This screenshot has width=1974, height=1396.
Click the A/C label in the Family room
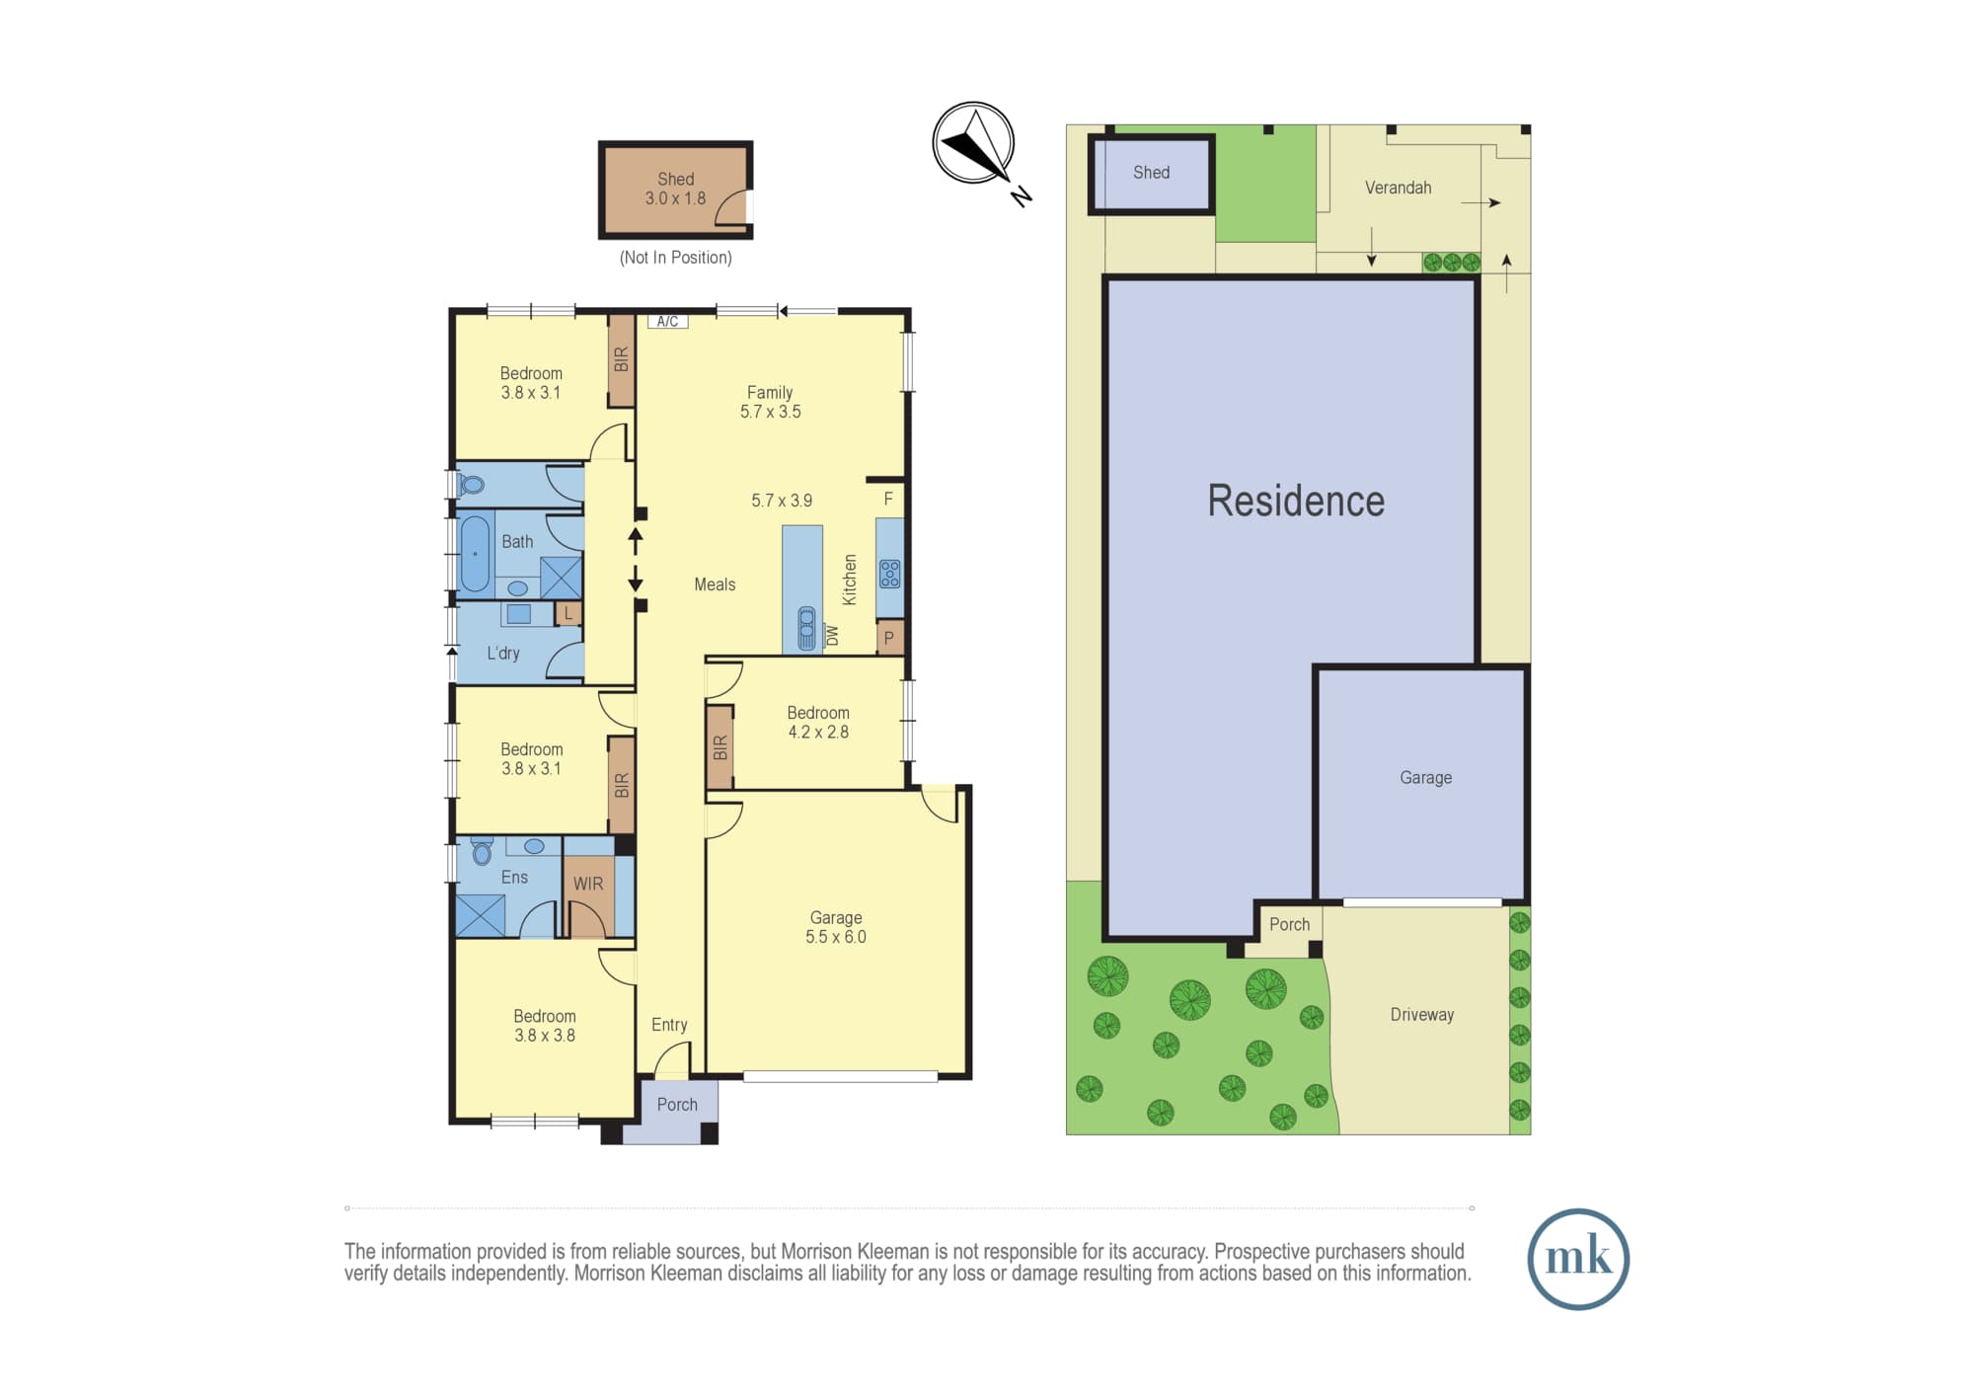click(667, 321)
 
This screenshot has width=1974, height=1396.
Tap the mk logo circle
click(1577, 1259)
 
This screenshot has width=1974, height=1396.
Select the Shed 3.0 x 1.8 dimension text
click(675, 198)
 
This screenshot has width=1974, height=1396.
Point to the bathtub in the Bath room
click(475, 554)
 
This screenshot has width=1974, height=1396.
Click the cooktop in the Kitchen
click(889, 574)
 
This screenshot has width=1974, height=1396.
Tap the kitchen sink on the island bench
click(806, 628)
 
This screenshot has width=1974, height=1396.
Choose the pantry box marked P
click(889, 638)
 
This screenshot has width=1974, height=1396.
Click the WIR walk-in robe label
click(588, 884)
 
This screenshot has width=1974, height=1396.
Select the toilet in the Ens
click(482, 849)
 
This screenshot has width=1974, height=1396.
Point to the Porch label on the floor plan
click(677, 1105)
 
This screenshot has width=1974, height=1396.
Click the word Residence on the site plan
click(1296, 501)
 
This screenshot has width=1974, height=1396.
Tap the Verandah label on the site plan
click(1398, 188)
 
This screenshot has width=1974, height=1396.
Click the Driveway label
click(1421, 1015)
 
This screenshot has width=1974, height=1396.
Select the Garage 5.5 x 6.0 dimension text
click(836, 937)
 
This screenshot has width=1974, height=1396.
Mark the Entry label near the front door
click(669, 1025)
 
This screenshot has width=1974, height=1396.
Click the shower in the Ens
click(481, 914)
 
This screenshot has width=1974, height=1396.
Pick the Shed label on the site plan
click(1151, 173)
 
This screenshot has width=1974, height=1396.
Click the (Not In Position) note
click(675, 258)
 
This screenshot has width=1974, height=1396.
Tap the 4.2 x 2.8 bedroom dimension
click(818, 732)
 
